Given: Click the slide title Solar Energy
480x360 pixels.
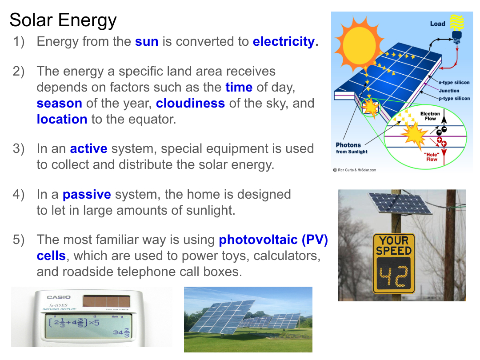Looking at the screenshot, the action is tap(63, 20).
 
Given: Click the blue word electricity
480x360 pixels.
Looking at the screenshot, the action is tap(284, 41).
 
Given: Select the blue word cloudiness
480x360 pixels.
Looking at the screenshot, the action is tap(190, 103).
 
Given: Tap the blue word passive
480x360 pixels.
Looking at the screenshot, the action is tap(87, 195).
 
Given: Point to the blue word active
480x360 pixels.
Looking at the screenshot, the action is tap(89, 149).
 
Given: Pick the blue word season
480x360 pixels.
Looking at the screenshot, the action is tap(60, 104).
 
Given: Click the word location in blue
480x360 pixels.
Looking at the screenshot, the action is tap(62, 120).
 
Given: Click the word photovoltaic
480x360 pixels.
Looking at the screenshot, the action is tap(258, 240).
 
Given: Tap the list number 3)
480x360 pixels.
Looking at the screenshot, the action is tap(19, 149).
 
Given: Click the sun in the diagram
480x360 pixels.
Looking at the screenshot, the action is tap(359, 46).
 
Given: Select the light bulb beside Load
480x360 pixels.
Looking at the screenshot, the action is tap(457, 29).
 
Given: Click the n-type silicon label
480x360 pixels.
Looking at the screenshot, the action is tap(454, 82).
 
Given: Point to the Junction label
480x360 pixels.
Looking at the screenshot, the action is tap(449, 91).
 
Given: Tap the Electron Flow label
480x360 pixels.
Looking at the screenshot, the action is tap(430, 116).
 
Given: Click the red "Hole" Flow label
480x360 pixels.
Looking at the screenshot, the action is tap(432, 157).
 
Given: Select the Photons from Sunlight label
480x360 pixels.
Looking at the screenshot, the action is tap(352, 148).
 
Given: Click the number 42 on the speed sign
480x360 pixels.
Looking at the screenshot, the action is tap(394, 276).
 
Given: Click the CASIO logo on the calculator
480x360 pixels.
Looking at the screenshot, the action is tap(59, 297).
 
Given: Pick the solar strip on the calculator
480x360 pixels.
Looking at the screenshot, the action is tap(106, 301).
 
